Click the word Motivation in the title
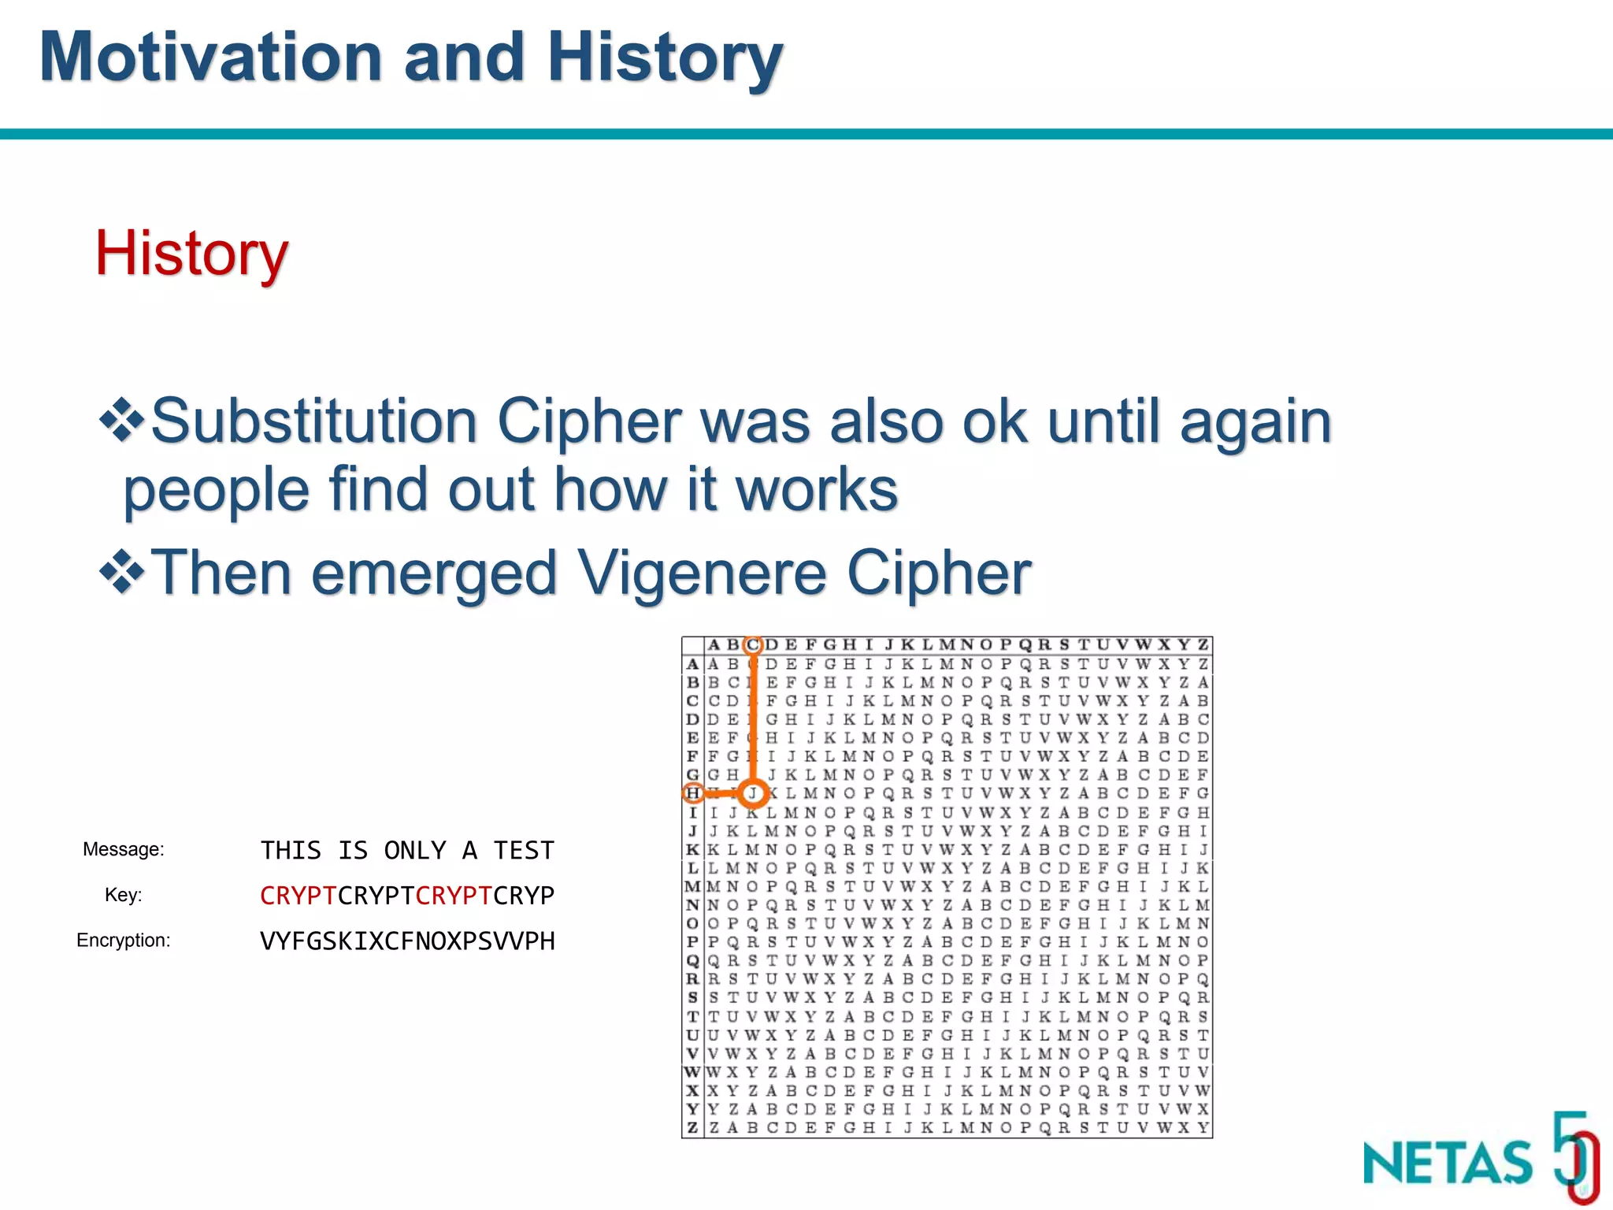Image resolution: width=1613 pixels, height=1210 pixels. click(211, 58)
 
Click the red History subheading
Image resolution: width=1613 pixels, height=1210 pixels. click(191, 253)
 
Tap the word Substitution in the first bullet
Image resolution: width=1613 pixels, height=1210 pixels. click(313, 421)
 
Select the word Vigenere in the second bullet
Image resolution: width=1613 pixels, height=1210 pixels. click(703, 573)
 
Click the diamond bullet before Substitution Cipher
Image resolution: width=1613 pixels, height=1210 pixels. click(121, 421)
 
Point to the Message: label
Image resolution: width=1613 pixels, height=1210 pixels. click(124, 849)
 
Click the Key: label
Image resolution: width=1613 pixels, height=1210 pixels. click(124, 895)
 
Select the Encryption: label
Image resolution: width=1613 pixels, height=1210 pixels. click(124, 941)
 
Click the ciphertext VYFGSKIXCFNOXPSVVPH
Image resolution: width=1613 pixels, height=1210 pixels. click(407, 941)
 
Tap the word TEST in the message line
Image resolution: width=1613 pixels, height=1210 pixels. click(524, 851)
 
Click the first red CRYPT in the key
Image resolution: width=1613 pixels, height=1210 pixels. click(298, 896)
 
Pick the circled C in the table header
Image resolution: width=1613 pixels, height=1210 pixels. click(754, 645)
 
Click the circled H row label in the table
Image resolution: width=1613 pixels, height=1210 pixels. click(692, 793)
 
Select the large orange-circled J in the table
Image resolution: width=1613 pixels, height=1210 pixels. click(754, 793)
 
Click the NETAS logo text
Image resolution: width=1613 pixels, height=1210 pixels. click(1448, 1163)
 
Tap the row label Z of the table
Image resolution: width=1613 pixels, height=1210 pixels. click(692, 1128)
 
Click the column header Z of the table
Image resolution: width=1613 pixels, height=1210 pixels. click(1203, 645)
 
